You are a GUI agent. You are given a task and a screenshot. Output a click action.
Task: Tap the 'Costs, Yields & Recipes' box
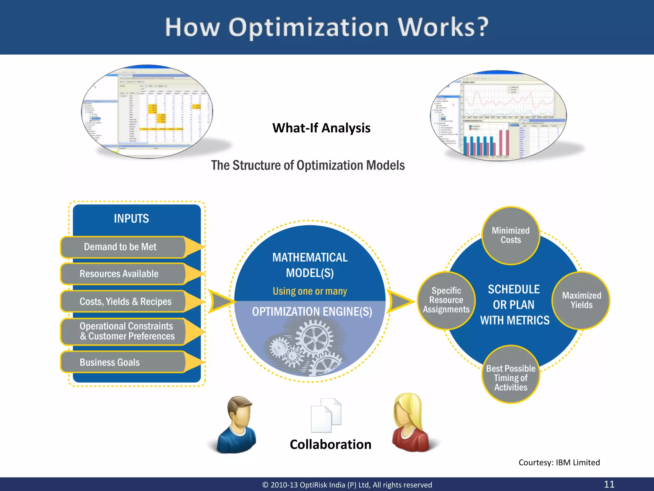coord(125,301)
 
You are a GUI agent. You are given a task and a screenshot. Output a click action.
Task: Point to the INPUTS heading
coord(131,219)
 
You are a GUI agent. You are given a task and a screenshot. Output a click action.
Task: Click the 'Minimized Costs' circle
coord(511,236)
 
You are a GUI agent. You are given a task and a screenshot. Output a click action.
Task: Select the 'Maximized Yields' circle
coord(581,300)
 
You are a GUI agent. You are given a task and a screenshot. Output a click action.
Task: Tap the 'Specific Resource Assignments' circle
coord(446,300)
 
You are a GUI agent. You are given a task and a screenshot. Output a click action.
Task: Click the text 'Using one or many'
coord(310,291)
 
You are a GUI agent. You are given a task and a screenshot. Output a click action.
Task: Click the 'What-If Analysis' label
coord(321,128)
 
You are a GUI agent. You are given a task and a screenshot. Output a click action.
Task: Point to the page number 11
coord(609,484)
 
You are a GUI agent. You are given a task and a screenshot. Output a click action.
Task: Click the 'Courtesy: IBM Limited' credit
coord(559,463)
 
